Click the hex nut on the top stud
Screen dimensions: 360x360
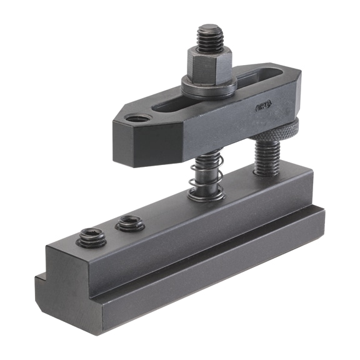click(208, 62)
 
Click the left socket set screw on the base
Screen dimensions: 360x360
click(91, 237)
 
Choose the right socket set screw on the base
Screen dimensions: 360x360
click(130, 222)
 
